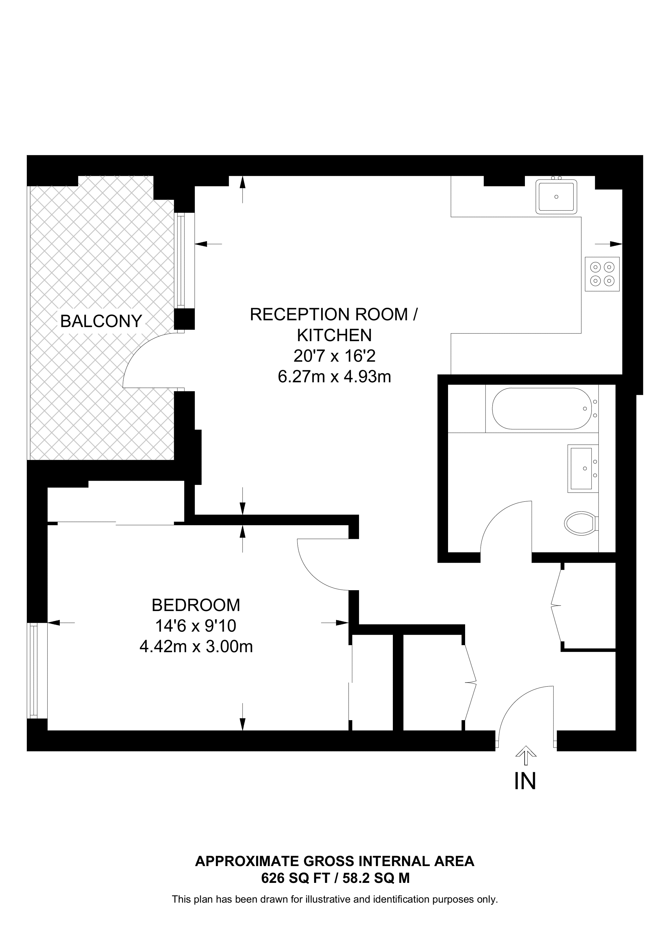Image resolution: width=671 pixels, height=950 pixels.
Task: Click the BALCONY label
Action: (101, 321)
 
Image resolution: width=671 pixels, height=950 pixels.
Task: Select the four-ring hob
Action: (602, 274)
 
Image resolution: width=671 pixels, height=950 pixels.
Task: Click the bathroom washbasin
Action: (583, 469)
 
